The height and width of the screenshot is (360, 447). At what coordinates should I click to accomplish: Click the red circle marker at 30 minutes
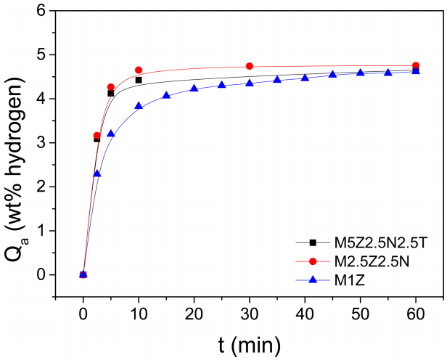250,66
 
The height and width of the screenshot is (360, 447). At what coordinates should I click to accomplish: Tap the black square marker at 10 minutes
139,80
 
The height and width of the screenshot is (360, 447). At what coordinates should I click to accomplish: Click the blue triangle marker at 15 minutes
166,95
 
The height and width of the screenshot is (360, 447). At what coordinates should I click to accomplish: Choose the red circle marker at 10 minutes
139,70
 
